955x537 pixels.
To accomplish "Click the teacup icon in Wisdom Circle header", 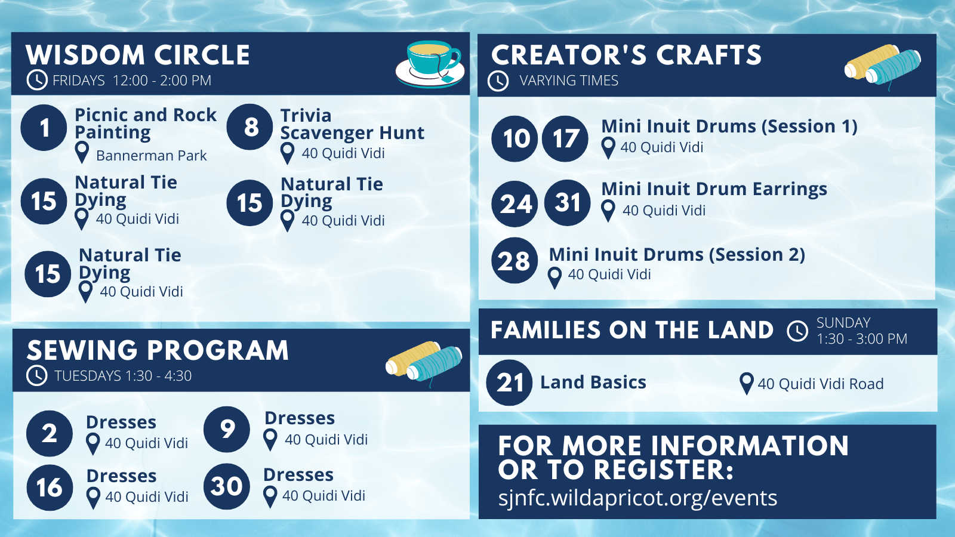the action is coord(430,64).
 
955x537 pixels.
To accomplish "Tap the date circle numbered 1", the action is coord(44,128).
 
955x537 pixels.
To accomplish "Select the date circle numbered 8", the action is coord(250,126).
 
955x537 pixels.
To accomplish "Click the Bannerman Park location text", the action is coord(152,156).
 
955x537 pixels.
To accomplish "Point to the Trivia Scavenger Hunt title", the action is coord(352,124).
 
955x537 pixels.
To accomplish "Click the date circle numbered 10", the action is coord(515,138).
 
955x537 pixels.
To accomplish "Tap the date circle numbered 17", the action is coord(565,138).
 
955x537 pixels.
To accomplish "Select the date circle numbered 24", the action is coord(515,203).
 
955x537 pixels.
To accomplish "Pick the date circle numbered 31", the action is coord(568,203).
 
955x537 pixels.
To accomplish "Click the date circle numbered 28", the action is coord(515,260).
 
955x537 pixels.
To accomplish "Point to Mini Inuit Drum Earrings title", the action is coord(714,189).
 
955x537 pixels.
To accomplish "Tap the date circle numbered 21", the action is coord(509,382).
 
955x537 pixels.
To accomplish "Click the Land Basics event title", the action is coord(593,382).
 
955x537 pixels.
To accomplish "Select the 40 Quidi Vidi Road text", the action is coord(820,384).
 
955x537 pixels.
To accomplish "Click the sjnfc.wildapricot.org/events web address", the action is coord(637,498).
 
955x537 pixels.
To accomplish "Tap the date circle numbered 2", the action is coord(50,433).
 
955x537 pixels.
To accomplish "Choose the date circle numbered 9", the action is coord(227,429).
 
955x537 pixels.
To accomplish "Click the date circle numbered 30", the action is coord(227,486).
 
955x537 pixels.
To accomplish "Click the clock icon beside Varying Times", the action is coord(498,81).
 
